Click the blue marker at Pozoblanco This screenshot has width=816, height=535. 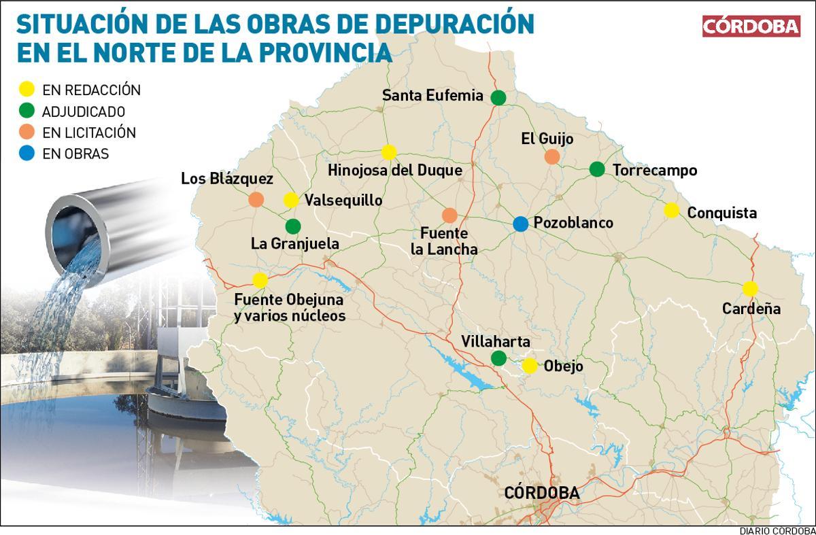pyautogui.click(x=520, y=223)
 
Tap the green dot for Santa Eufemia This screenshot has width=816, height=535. pyautogui.click(x=498, y=97)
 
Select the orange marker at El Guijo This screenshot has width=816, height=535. pyautogui.click(x=552, y=157)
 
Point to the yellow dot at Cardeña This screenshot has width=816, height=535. pyautogui.click(x=750, y=288)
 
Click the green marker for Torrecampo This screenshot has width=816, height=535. pyautogui.click(x=597, y=169)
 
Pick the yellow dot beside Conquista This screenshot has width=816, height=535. pyautogui.click(x=671, y=211)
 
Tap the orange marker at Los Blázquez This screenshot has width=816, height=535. pyautogui.click(x=256, y=199)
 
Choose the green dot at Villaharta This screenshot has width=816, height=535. pyautogui.click(x=498, y=358)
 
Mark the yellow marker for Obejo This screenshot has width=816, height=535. pyautogui.click(x=530, y=366)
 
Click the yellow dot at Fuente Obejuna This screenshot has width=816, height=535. pyautogui.click(x=260, y=280)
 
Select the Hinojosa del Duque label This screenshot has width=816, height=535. pyautogui.click(x=394, y=170)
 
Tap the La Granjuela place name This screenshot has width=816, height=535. pyautogui.click(x=294, y=243)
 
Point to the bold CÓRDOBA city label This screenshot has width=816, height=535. pyautogui.click(x=542, y=493)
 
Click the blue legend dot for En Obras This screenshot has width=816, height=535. pyautogui.click(x=27, y=154)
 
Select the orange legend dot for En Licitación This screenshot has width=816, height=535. pyautogui.click(x=27, y=132)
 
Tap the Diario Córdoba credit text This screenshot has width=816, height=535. pyautogui.click(x=777, y=530)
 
